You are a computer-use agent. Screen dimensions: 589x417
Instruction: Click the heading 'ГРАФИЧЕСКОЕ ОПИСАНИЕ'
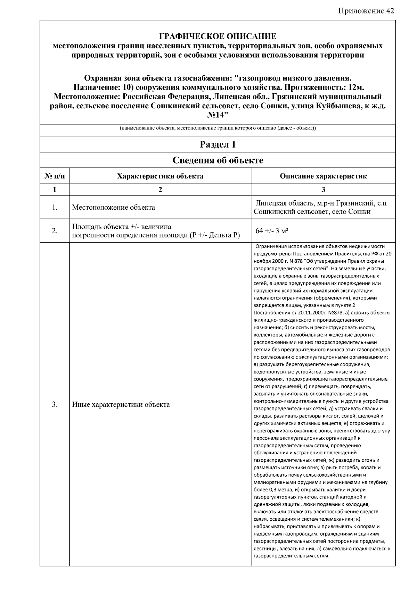218,36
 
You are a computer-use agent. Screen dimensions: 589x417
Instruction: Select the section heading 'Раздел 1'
218,144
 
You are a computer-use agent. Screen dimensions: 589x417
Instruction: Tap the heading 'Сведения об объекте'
218,160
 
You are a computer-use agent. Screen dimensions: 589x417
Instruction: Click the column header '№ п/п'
55,176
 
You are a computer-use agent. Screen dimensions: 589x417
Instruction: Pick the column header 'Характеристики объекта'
160,176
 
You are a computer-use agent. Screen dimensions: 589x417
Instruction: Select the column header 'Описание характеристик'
323,176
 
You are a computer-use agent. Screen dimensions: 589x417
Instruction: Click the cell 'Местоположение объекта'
113,208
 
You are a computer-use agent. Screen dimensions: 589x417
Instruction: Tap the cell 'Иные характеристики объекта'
121,404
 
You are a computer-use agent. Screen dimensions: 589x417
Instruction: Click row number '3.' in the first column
55,404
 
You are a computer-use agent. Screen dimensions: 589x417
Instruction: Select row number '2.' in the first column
55,231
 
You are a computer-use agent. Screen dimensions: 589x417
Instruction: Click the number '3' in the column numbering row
323,190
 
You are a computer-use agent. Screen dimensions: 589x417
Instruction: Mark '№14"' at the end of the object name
218,115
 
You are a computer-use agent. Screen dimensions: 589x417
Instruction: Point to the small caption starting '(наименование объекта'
218,128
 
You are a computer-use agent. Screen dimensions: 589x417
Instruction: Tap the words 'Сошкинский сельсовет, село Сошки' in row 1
312,212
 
